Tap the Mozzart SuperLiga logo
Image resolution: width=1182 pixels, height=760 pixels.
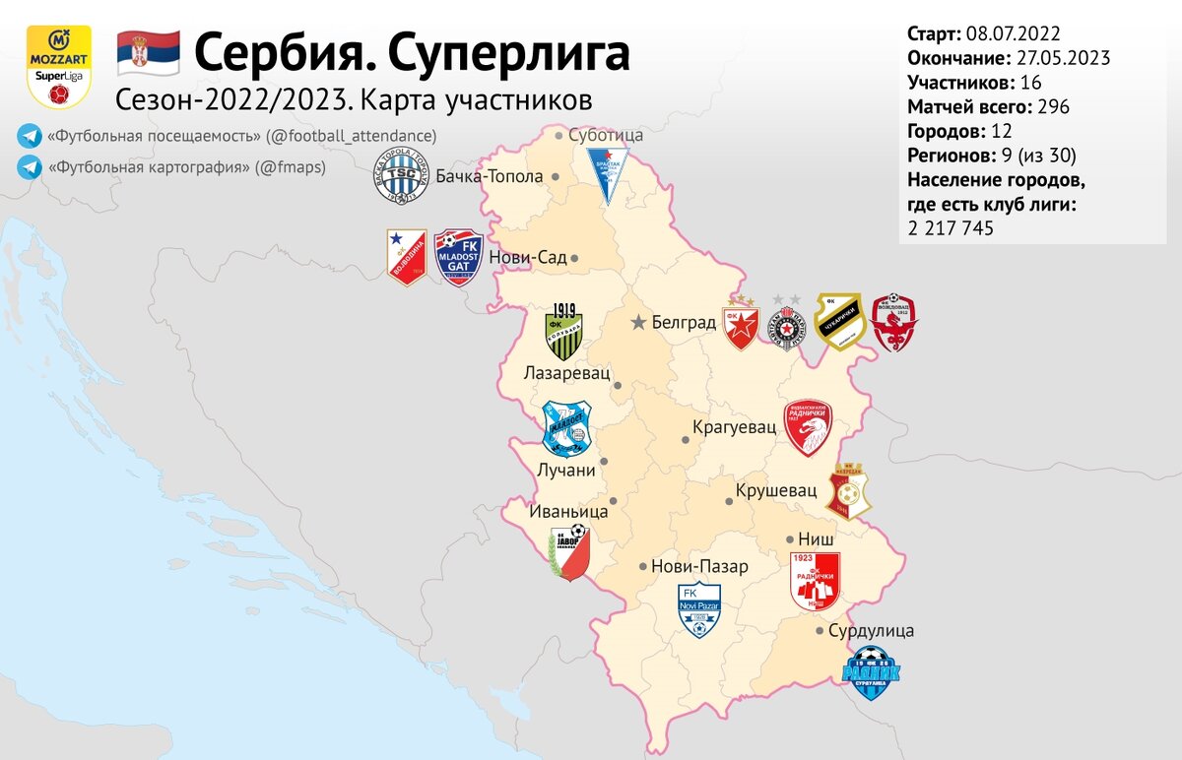pos(58,66)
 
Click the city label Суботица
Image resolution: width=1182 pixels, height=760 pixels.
pos(606,135)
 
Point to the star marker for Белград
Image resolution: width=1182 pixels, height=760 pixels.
pos(639,322)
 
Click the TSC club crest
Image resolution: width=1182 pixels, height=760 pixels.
pos(400,177)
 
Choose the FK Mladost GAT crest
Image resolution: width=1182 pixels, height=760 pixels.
pos(459,257)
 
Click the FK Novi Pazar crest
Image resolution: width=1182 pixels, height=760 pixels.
pos(699,608)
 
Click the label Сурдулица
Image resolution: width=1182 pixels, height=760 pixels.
pos(872,630)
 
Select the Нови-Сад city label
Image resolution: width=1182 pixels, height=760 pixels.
pos(528,257)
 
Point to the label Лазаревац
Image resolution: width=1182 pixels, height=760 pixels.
pos(567,374)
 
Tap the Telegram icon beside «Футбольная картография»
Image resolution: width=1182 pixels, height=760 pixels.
pos(28,167)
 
